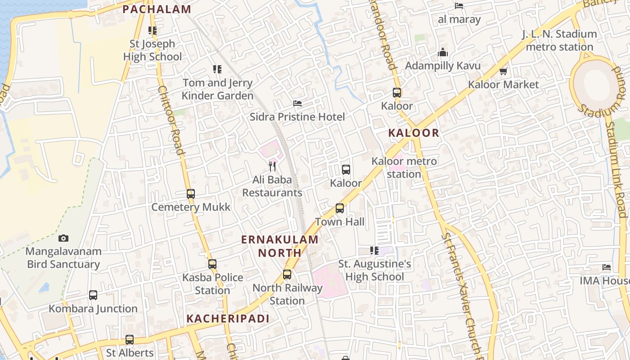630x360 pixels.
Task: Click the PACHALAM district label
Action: tap(157, 9)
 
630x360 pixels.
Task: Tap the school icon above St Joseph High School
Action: tap(153, 31)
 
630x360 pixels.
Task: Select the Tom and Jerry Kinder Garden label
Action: tap(218, 89)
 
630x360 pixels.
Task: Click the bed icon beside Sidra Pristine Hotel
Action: tap(297, 103)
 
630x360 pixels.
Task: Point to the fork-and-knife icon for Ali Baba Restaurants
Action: tap(272, 166)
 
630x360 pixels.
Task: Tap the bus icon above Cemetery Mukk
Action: tap(191, 194)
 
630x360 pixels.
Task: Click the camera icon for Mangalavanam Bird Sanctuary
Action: tap(63, 238)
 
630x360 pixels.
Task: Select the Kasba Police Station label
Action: tap(212, 283)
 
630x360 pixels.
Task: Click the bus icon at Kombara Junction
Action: tap(93, 295)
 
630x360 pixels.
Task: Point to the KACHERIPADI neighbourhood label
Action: tap(228, 319)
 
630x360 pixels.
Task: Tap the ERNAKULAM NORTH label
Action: tap(280, 246)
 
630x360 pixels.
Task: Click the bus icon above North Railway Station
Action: tap(287, 274)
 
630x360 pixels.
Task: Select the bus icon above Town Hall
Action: tap(340, 208)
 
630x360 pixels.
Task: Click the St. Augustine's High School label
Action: tap(374, 270)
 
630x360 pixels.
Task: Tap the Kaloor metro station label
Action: tap(404, 167)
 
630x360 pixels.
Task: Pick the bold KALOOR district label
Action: tap(414, 133)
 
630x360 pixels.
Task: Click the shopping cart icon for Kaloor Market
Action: tap(504, 71)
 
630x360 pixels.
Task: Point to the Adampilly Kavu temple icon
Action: tap(443, 53)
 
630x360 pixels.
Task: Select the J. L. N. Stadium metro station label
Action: tap(559, 40)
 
